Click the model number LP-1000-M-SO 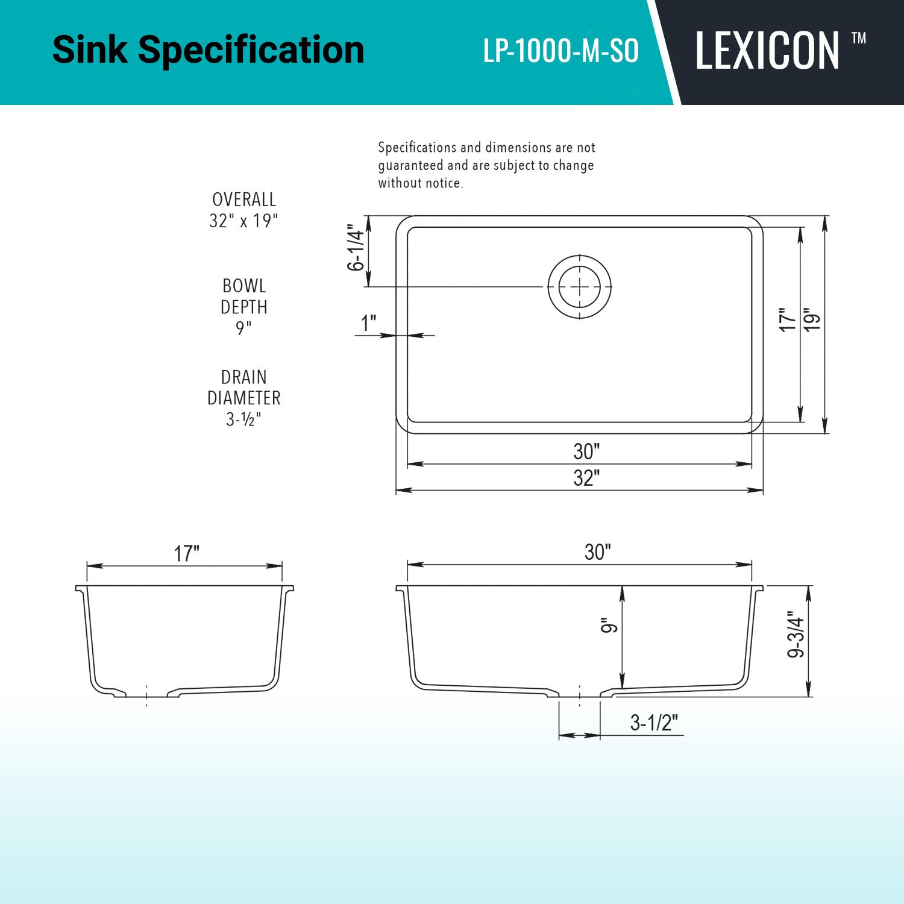(560, 51)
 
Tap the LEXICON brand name (767, 51)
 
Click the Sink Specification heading (209, 49)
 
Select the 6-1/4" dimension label (356, 250)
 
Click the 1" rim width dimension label (368, 323)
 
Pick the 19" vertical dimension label (812, 319)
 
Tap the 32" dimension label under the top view (586, 478)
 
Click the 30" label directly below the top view (586, 451)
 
